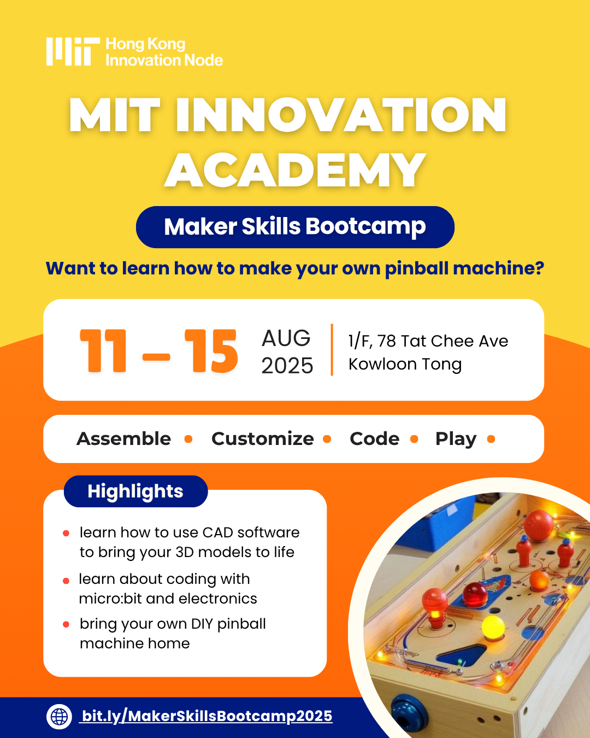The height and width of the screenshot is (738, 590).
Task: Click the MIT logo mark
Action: pyautogui.click(x=73, y=51)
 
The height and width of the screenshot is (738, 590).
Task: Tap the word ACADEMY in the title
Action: pyautogui.click(x=295, y=170)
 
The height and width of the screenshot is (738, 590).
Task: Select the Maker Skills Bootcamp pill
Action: pyautogui.click(x=295, y=227)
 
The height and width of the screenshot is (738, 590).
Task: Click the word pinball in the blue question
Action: pyautogui.click(x=416, y=268)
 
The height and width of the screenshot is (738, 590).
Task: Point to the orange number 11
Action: pyautogui.click(x=103, y=350)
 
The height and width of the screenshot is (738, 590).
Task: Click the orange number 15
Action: pyautogui.click(x=211, y=350)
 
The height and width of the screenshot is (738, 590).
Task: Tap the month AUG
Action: pyautogui.click(x=286, y=338)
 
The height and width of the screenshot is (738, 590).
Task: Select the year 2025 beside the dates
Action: pyautogui.click(x=287, y=366)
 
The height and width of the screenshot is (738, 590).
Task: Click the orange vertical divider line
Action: pyautogui.click(x=332, y=349)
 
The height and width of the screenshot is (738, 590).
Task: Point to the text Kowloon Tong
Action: pyautogui.click(x=405, y=364)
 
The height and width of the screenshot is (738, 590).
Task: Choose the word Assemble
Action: pyautogui.click(x=124, y=438)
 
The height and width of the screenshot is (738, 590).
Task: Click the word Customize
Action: pyautogui.click(x=263, y=438)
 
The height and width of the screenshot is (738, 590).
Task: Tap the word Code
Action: pyautogui.click(x=374, y=438)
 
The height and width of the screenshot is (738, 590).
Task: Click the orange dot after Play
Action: pyautogui.click(x=491, y=439)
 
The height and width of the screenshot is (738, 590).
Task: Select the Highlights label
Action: pyautogui.click(x=136, y=491)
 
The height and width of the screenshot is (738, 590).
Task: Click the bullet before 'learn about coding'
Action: pyautogui.click(x=66, y=581)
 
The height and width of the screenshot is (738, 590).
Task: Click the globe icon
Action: pyautogui.click(x=60, y=716)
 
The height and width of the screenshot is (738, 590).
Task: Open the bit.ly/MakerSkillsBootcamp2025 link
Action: pyautogui.click(x=206, y=716)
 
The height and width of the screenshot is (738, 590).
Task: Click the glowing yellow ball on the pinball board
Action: pyautogui.click(x=493, y=627)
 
